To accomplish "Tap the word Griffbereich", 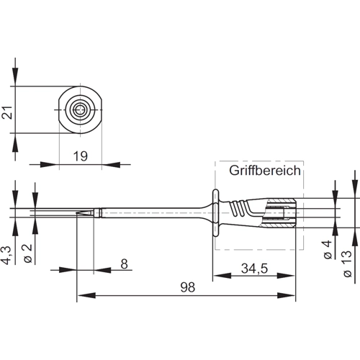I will [265, 171].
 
